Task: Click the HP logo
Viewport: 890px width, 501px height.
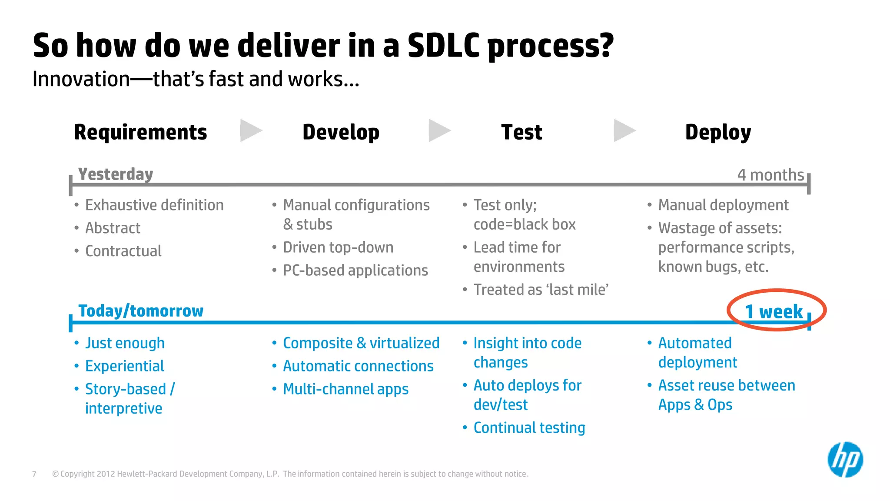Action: [x=845, y=459]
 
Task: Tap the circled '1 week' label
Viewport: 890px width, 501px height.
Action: [x=774, y=311]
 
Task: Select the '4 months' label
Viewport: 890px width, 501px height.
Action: [x=770, y=175]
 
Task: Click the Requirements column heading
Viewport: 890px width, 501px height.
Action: [x=140, y=132]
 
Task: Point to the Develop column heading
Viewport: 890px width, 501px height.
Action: [x=341, y=132]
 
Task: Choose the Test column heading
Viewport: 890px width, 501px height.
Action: [x=521, y=132]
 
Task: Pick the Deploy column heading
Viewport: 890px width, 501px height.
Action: [x=718, y=132]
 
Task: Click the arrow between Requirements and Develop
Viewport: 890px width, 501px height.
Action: [x=251, y=130]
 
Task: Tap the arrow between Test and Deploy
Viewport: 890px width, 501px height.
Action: [x=624, y=130]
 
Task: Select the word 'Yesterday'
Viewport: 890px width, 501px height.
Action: [x=116, y=174]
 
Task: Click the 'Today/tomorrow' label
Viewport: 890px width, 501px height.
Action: [x=140, y=311]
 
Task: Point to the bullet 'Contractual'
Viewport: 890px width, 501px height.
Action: [x=123, y=251]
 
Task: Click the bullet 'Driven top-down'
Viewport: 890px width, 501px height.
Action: [x=338, y=247]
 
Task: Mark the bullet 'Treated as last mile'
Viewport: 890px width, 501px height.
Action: [x=541, y=290]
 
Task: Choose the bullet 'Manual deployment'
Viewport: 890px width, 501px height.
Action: [x=723, y=205]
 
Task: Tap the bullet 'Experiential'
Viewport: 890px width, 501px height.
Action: [x=124, y=366]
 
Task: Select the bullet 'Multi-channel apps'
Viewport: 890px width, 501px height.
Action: [x=345, y=389]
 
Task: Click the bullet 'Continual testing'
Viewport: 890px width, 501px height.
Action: [x=529, y=428]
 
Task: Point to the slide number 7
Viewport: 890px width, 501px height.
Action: [x=34, y=474]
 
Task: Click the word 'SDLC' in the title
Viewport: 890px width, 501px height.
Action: [x=443, y=46]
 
